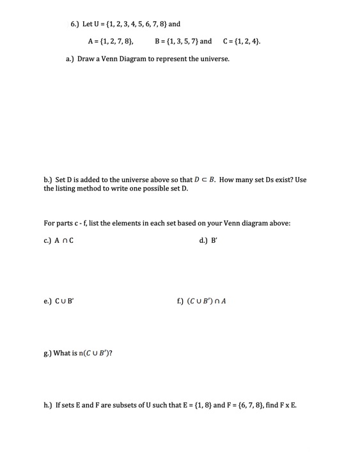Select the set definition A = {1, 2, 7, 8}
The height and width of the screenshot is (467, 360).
110,42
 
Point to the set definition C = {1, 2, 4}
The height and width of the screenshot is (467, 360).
241,42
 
